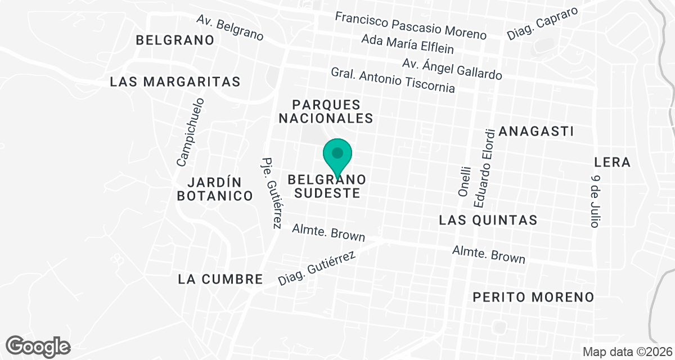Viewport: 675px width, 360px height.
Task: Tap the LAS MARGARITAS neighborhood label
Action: click(x=175, y=82)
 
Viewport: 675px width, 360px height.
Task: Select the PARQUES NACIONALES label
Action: click(x=326, y=111)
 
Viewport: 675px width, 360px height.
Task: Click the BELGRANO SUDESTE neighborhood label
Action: click(x=327, y=186)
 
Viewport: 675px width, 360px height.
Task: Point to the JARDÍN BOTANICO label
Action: click(x=214, y=189)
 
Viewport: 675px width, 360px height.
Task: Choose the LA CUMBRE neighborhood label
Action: click(x=220, y=279)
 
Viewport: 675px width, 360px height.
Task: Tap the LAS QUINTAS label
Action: click(x=488, y=219)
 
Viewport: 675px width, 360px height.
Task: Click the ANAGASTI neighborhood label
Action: click(x=536, y=132)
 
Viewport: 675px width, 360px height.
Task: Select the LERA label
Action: click(x=612, y=163)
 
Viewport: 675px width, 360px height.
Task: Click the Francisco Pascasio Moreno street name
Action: click(x=411, y=25)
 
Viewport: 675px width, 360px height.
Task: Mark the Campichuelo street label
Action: click(x=191, y=133)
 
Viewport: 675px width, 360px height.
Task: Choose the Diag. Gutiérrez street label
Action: click(x=317, y=268)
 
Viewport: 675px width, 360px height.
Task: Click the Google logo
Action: click(x=38, y=345)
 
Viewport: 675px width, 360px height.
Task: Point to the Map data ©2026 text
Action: click(x=626, y=352)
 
